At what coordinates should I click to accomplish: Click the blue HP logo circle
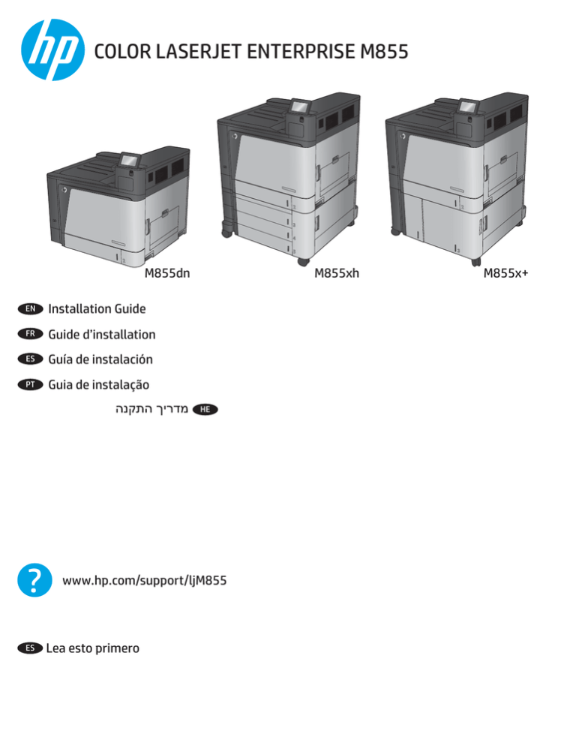(x=52, y=50)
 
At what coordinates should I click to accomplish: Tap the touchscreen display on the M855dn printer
(x=129, y=160)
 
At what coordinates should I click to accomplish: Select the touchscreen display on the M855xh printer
(x=301, y=106)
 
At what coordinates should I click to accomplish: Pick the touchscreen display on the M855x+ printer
(x=469, y=106)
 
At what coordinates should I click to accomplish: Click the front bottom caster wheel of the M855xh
(x=303, y=261)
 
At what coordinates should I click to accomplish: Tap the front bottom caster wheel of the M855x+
(x=475, y=261)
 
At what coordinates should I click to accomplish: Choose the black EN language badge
(x=31, y=308)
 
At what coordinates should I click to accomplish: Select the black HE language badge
(x=205, y=409)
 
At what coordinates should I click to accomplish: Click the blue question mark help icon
(x=34, y=580)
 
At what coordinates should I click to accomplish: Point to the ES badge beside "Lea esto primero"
(x=30, y=648)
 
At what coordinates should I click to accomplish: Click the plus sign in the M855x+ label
(x=525, y=274)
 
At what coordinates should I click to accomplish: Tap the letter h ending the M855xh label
(x=355, y=273)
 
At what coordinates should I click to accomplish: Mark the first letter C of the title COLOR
(x=100, y=51)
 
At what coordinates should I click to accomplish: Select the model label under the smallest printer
(x=167, y=273)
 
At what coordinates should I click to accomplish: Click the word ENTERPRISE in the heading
(x=301, y=51)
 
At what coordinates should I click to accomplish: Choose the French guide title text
(x=102, y=335)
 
